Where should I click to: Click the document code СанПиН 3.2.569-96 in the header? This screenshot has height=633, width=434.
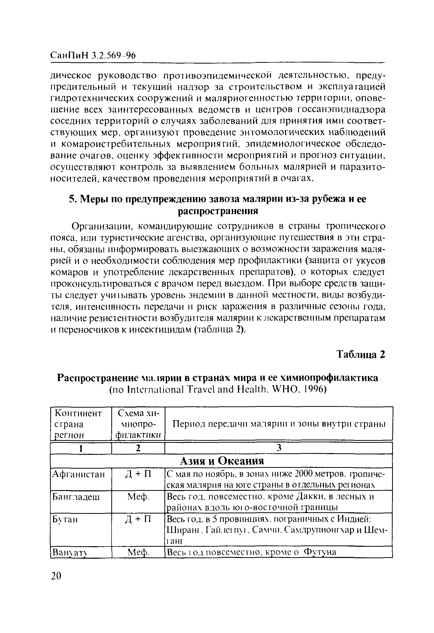[93, 55]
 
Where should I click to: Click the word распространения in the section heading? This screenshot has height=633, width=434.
[218, 211]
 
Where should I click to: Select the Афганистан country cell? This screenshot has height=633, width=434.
[78, 474]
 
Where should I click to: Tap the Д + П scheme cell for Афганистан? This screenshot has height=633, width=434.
[138, 474]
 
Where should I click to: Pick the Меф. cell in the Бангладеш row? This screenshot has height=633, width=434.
[138, 497]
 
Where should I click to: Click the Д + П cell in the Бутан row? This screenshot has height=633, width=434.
[138, 520]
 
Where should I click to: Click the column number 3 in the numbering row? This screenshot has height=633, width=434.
[279, 448]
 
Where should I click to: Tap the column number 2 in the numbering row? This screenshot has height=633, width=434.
[138, 448]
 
